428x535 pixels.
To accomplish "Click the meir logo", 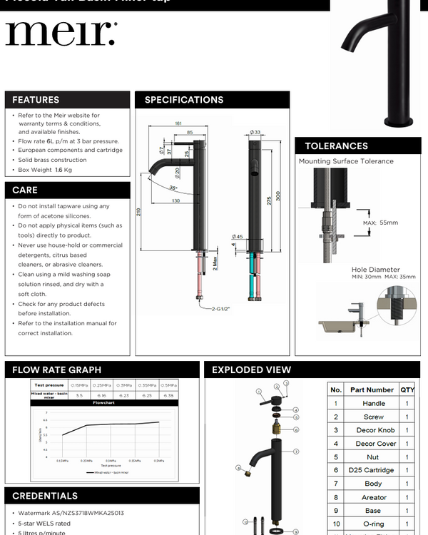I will coord(61,34).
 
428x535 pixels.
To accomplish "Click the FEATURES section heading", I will coord(36,100).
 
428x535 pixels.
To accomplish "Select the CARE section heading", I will coord(25,190).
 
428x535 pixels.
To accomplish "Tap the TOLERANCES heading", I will coord(336,146).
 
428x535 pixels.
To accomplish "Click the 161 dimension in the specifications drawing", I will coord(178,123).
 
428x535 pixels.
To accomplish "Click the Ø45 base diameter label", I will coord(238,237).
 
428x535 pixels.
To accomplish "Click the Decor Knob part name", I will coord(375,430).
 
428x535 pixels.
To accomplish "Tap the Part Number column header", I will coord(372,390).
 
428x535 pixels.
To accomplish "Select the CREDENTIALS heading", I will coord(45,496).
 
